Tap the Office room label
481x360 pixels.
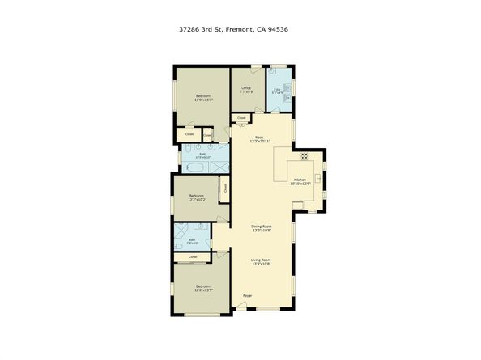(246, 89)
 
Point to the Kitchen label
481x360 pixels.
(300, 180)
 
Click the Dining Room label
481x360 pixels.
(261, 227)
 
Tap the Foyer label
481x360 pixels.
(248, 296)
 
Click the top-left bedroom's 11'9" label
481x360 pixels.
(203, 100)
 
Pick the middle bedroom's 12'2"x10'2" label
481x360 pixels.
(198, 200)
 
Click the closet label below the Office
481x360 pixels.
(241, 118)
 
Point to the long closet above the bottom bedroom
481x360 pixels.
(193, 257)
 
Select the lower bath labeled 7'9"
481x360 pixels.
(192, 239)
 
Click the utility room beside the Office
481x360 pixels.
(278, 90)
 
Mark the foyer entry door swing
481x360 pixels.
(239, 303)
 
